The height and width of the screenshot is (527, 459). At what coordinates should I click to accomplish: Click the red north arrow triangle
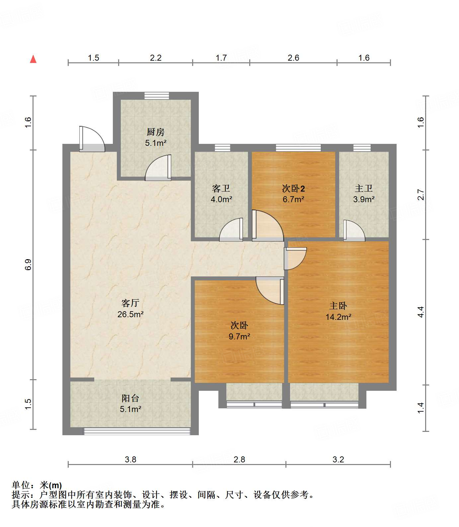pyautogui.click(x=33, y=59)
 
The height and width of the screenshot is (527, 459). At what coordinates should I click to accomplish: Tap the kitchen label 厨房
pyautogui.click(x=155, y=132)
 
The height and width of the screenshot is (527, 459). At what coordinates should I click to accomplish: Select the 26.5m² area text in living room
pyautogui.click(x=130, y=314)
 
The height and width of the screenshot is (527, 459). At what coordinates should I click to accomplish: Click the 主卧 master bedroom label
pyautogui.click(x=338, y=306)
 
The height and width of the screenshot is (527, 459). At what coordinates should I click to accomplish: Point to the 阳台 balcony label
pyautogui.click(x=130, y=398)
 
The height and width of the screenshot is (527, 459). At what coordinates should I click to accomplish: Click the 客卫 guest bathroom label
pyautogui.click(x=221, y=189)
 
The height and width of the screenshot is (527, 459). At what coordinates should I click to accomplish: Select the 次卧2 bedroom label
pyautogui.click(x=293, y=189)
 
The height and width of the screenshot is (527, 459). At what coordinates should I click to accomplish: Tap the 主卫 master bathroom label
pyautogui.click(x=363, y=189)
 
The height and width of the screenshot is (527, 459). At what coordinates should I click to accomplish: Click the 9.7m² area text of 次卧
pyautogui.click(x=239, y=337)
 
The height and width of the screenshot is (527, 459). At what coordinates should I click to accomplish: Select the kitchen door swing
pyautogui.click(x=158, y=168)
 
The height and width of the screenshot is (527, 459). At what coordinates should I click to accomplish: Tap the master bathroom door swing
pyautogui.click(x=354, y=230)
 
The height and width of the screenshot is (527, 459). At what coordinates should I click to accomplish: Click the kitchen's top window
pyautogui.click(x=157, y=96)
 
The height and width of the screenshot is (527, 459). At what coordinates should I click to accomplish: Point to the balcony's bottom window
pyautogui.click(x=136, y=431)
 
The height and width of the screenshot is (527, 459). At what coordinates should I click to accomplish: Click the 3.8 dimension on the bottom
pyautogui.click(x=130, y=459)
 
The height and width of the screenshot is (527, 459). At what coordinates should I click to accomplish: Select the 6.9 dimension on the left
pyautogui.click(x=28, y=264)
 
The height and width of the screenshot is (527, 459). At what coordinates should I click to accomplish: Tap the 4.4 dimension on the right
pyautogui.click(x=421, y=312)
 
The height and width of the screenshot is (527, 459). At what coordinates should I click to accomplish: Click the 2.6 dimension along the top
pyautogui.click(x=293, y=58)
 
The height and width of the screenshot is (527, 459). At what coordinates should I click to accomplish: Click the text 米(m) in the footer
pyautogui.click(x=51, y=485)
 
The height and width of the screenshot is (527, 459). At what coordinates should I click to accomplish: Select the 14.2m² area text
pyautogui.click(x=338, y=317)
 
